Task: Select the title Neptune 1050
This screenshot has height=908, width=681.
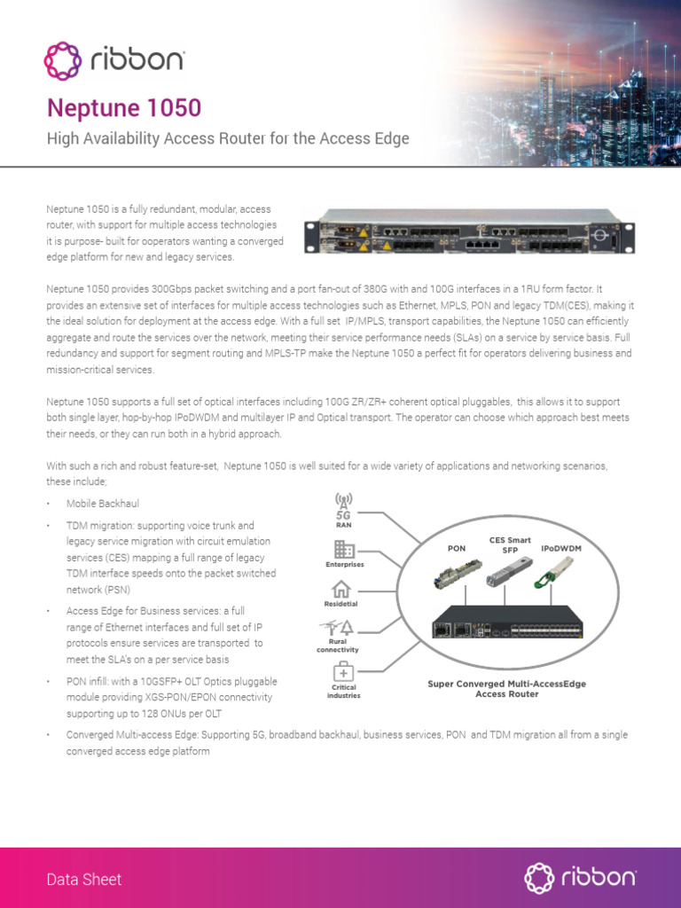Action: [123, 108]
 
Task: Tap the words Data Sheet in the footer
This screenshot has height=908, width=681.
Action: [84, 880]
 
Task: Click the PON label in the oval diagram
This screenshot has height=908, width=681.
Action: [457, 549]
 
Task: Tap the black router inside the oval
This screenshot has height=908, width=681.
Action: [505, 624]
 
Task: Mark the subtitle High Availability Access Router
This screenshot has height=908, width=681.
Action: [227, 139]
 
